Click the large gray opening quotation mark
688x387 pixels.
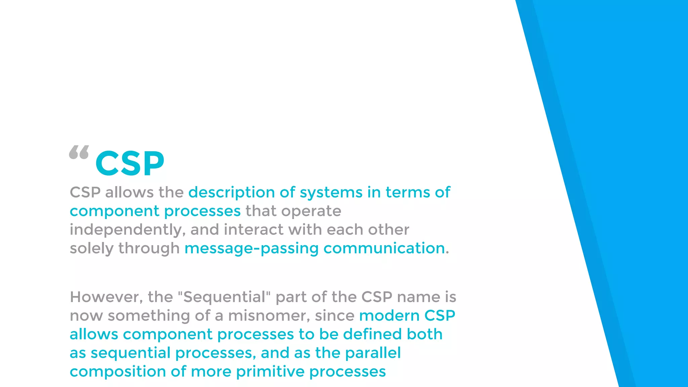79,152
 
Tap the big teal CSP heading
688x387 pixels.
130,164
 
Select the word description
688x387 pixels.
232,193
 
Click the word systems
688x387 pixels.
331,193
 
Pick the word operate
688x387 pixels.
311,211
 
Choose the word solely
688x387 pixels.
92,249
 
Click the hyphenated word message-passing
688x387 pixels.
251,249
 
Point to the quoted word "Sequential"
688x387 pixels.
224,297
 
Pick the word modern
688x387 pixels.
389,316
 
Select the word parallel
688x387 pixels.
373,353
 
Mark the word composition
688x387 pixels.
118,372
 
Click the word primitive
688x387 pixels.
270,372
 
